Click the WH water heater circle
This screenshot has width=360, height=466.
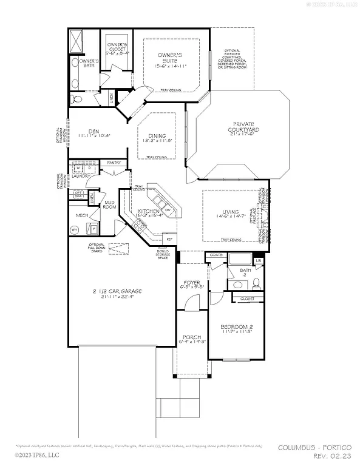(x=75, y=230)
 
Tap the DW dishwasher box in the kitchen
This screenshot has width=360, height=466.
(x=167, y=211)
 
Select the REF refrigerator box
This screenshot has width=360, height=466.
(x=169, y=240)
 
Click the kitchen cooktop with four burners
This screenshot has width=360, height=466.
(x=139, y=227)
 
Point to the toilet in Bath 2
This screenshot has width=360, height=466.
(x=256, y=283)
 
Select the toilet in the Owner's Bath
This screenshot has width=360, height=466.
(x=75, y=99)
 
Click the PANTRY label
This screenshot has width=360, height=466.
(x=114, y=163)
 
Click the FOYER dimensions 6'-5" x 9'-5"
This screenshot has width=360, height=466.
(x=192, y=289)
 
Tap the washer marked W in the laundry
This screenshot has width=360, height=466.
(x=78, y=169)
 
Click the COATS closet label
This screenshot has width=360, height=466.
(x=216, y=255)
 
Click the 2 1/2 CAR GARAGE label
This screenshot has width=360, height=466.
(x=117, y=291)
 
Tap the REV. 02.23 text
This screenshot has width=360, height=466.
(x=333, y=455)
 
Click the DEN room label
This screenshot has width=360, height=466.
(x=93, y=130)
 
